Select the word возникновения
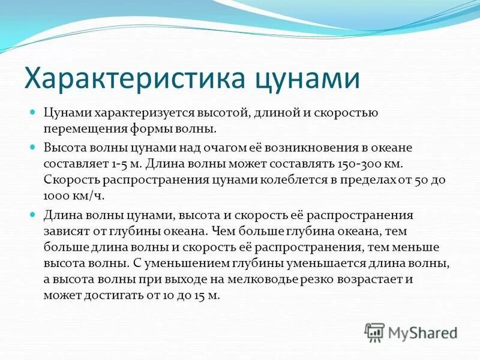point(302,147)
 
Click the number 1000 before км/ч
point(56,196)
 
